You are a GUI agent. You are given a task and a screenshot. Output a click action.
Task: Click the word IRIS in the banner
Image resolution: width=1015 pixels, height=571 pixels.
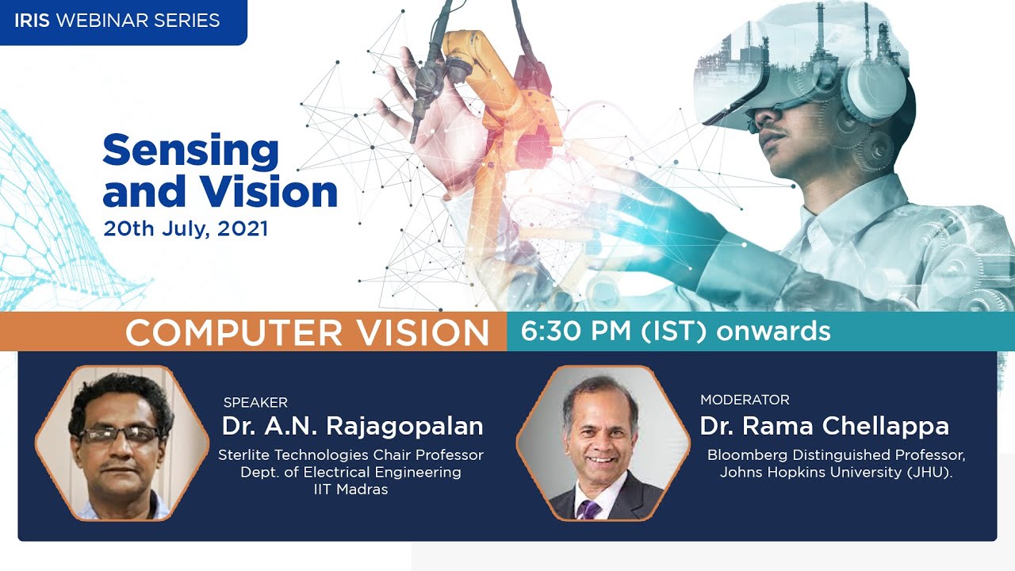coord(32,21)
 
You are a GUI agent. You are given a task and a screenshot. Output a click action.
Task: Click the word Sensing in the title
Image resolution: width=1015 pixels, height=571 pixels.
coord(190,151)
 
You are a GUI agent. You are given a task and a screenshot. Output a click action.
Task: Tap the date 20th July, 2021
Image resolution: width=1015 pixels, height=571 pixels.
coord(186,229)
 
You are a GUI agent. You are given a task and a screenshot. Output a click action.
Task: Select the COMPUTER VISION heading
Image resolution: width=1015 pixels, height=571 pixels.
coord(307,332)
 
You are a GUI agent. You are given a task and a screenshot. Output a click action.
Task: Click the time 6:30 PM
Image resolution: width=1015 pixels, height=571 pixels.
coord(575,331)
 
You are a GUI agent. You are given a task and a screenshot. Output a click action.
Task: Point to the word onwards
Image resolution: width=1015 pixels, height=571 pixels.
coord(773,331)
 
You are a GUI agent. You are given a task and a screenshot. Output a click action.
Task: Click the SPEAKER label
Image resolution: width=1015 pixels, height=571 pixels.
coord(255,402)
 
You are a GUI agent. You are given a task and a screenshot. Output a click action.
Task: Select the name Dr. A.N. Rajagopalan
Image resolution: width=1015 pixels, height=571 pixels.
coord(352,426)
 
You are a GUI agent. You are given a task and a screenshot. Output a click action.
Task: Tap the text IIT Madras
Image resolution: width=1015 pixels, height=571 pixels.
coord(350,489)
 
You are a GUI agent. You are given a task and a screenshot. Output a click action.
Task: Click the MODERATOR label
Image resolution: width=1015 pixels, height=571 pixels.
coord(745,400)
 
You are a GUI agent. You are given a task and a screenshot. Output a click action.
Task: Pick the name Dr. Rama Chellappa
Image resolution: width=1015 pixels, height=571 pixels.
coord(824,426)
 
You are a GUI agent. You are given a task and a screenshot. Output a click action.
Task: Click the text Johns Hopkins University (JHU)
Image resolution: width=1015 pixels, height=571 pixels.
coord(836,473)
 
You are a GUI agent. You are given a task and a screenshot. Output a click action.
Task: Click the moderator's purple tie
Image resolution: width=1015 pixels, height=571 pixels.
coord(589,508)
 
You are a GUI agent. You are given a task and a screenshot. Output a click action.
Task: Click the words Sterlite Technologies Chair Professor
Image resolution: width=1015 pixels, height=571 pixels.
coord(350,455)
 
